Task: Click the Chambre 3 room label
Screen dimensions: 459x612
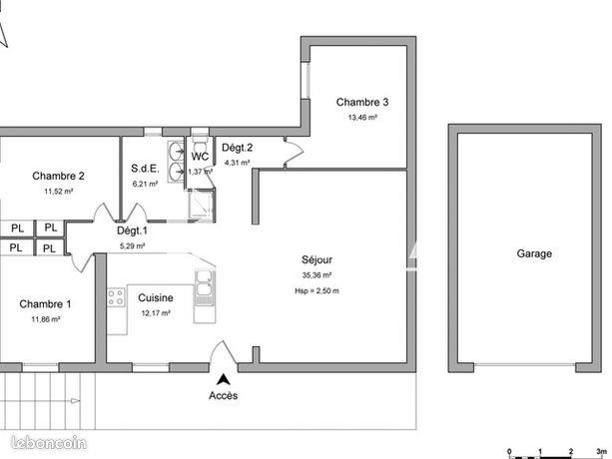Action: pos(361,102)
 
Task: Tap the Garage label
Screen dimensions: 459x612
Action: pos(534,254)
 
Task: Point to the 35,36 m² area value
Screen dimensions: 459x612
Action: pos(315,275)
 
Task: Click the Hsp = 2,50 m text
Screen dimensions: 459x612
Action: pos(316,290)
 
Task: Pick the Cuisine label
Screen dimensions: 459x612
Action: pos(156,297)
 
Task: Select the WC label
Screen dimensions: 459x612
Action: pos(200,157)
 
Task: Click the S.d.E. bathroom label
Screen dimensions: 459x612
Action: pos(145,169)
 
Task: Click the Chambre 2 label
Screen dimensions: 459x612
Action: pos(58,176)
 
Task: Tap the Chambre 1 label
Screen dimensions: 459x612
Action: pos(45,304)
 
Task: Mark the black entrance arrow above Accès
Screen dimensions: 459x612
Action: pos(224,378)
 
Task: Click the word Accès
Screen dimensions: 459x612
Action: pos(224,395)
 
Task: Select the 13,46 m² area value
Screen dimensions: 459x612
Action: pos(361,117)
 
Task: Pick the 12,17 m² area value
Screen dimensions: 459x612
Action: pos(156,313)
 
